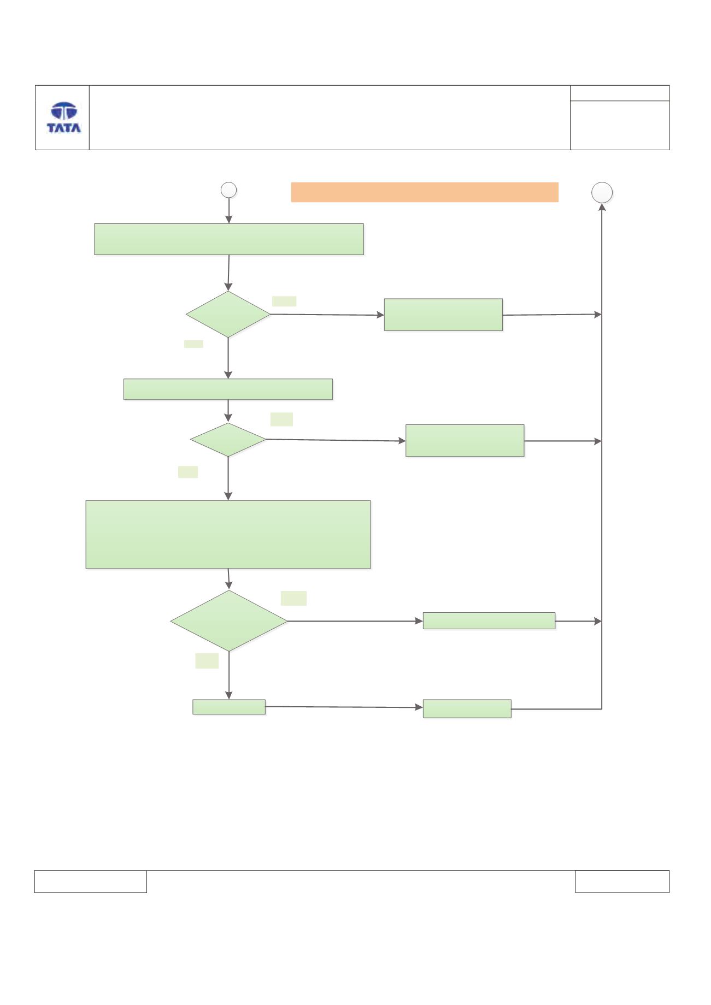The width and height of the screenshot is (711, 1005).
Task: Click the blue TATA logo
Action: click(x=63, y=117)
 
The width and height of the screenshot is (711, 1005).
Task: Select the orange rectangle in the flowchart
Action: click(x=425, y=192)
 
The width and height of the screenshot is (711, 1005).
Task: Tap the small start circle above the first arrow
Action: click(x=228, y=190)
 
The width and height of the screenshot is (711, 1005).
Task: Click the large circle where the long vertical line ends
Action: click(x=602, y=192)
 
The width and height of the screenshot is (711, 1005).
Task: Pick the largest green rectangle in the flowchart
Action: click(x=228, y=534)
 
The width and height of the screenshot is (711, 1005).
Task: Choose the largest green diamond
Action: click(x=229, y=621)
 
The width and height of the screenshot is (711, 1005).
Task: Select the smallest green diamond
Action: click(x=228, y=440)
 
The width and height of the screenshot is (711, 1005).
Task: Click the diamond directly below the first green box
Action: click(x=228, y=314)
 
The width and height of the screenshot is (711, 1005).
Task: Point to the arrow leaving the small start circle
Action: click(x=228, y=211)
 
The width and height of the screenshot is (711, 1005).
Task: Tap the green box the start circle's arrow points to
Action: click(x=229, y=239)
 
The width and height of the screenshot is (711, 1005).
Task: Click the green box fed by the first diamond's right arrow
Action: click(x=443, y=315)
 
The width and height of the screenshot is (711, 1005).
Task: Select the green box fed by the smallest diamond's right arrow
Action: click(x=465, y=440)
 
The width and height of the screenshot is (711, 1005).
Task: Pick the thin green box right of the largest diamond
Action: click(x=489, y=621)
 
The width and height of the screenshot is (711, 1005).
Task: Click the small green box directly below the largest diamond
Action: click(x=229, y=707)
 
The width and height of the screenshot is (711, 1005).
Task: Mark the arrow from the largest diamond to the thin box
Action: click(x=355, y=621)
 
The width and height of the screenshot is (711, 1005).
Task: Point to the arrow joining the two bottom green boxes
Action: click(x=344, y=707)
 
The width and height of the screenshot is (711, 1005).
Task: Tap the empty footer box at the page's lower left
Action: click(x=91, y=882)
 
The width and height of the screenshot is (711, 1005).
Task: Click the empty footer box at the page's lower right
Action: click(x=622, y=882)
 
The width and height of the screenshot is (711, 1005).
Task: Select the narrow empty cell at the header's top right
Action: click(x=620, y=93)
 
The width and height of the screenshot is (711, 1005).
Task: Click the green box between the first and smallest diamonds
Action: click(x=228, y=389)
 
